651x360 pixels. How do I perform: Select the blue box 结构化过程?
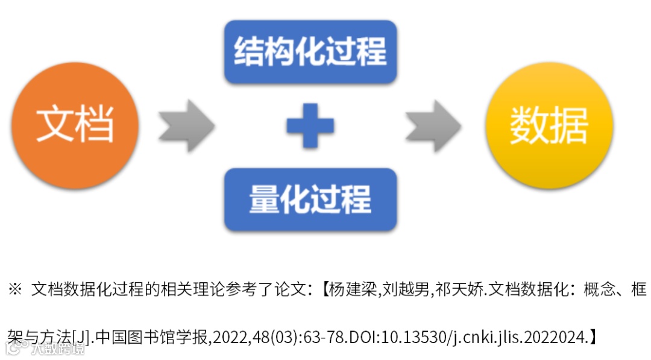pyautogui.click(x=310, y=51)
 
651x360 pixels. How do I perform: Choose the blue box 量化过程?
pyautogui.click(x=310, y=199)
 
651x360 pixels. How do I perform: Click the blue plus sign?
pyautogui.click(x=310, y=125)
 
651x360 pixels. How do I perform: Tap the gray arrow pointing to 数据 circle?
pyautogui.click(x=433, y=125)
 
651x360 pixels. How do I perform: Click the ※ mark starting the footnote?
pyautogui.click(x=15, y=290)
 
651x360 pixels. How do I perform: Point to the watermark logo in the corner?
pyautogui.click(x=42, y=349)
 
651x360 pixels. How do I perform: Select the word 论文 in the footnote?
pyautogui.click(x=291, y=290)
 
